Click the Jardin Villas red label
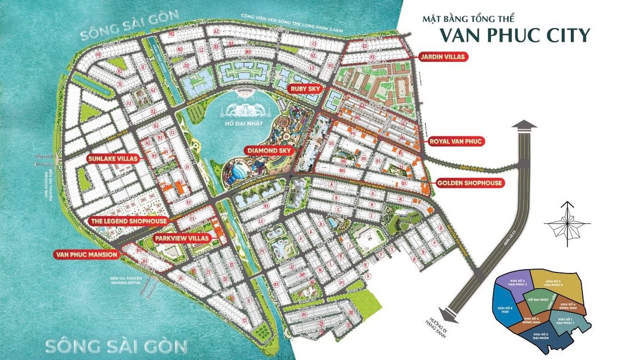tap(442, 57)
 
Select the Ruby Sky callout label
tap(307, 89)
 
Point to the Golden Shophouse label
tap(469, 183)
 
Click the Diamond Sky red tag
tap(268, 150)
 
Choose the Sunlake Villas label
tap(112, 158)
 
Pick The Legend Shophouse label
tap(129, 221)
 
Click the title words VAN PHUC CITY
tap(514, 35)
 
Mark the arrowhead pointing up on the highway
tap(524, 125)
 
